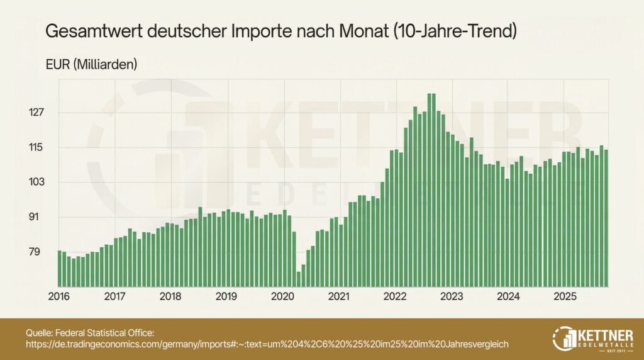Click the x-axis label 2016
[58, 296]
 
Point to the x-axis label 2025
[565, 296]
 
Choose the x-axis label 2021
[339, 296]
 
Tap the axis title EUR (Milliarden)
[91, 64]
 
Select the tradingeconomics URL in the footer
[267, 344]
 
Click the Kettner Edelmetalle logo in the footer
[594, 338]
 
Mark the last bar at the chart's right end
[606, 217]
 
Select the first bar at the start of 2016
[60, 267]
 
